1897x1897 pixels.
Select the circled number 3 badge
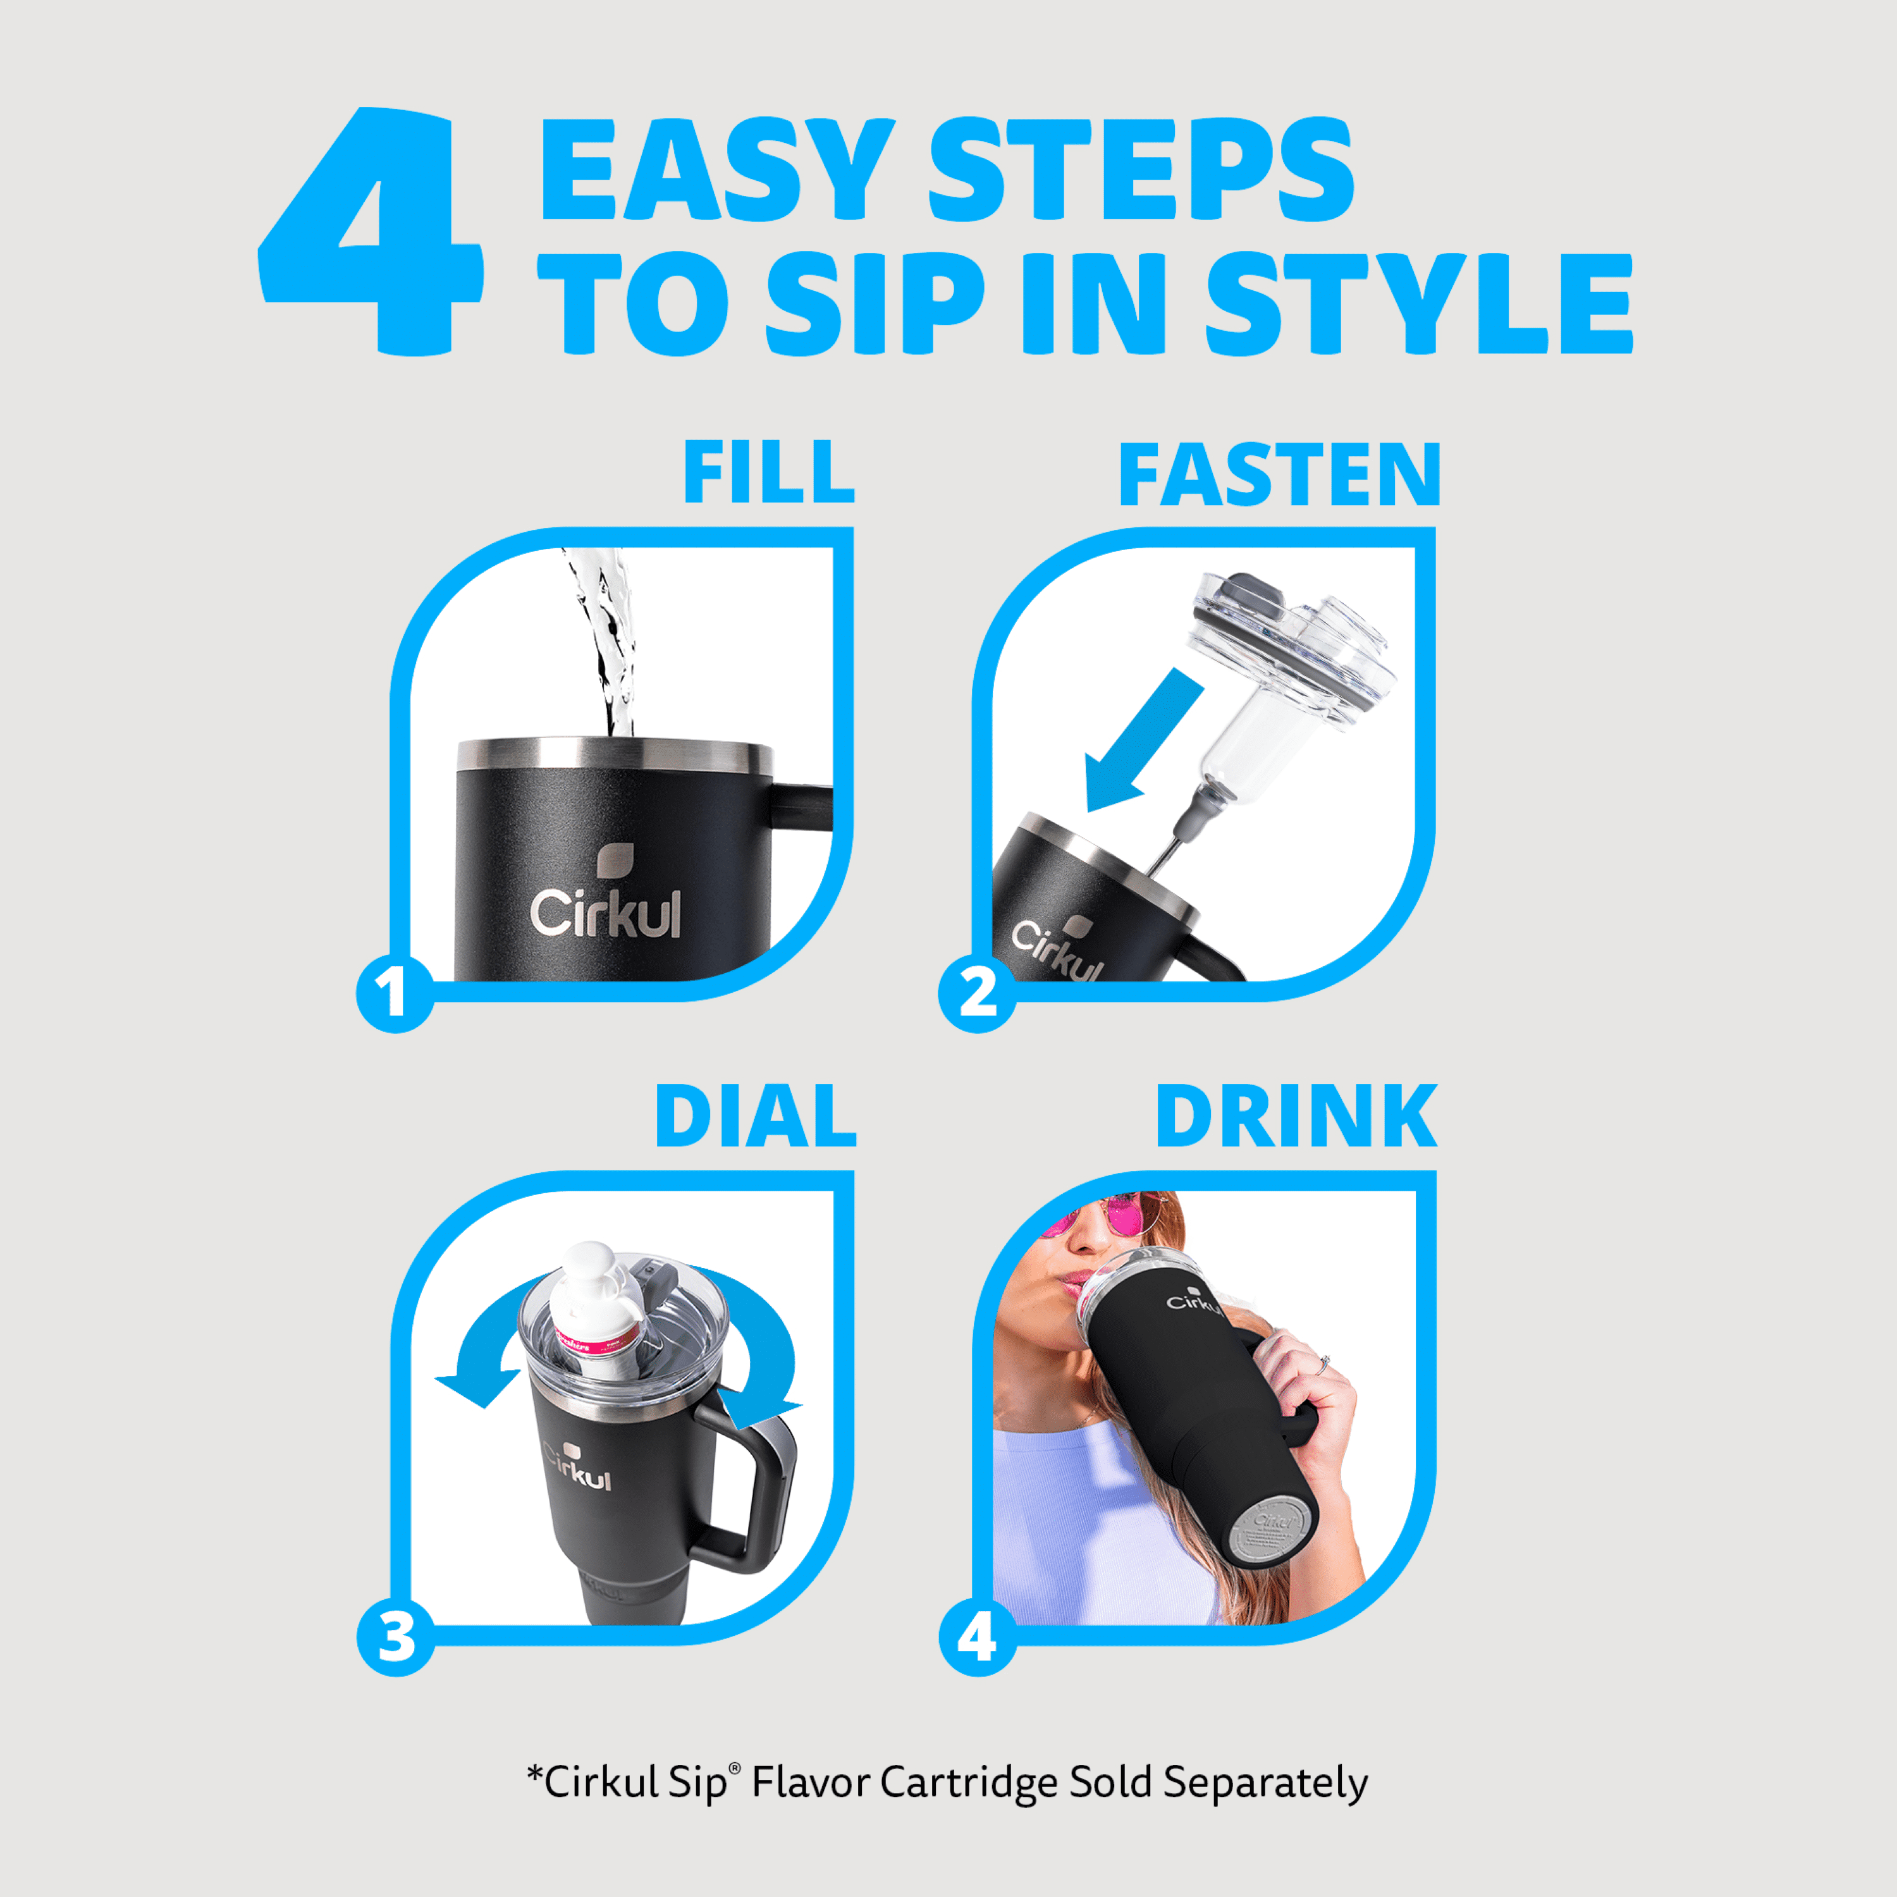tap(396, 1637)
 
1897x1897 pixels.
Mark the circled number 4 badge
tap(978, 1637)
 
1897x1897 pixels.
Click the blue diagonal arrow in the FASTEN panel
tap(1144, 740)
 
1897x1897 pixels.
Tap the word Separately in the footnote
tap(1266, 1782)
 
